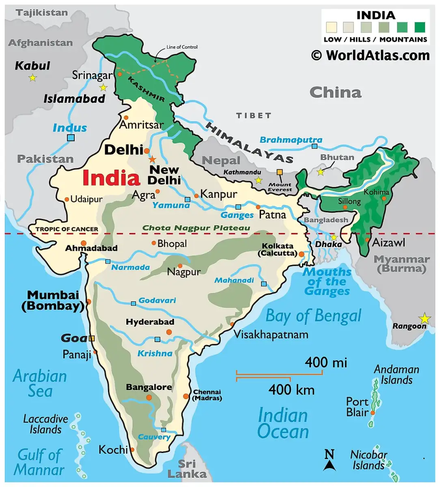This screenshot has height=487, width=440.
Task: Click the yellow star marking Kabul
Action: click(32, 78)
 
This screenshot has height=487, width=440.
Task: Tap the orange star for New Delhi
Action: click(152, 159)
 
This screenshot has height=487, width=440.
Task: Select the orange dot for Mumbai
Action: click(88, 302)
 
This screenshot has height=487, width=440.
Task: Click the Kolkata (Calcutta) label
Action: click(278, 250)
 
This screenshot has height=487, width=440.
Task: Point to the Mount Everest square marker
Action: click(279, 172)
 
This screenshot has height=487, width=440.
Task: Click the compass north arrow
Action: click(330, 461)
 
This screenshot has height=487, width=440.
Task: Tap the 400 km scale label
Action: click(291, 390)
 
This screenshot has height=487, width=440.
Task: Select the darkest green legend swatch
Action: click(420, 27)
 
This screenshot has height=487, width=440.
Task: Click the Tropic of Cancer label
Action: click(67, 229)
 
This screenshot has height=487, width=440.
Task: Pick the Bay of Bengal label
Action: click(313, 316)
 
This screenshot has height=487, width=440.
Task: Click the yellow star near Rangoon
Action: click(425, 318)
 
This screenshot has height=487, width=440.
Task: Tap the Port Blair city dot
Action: click(373, 413)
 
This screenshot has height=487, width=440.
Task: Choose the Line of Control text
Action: click(182, 47)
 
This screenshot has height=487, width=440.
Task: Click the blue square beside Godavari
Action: click(133, 303)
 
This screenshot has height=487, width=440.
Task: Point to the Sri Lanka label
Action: click(187, 469)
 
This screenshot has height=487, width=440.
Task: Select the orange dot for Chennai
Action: click(186, 396)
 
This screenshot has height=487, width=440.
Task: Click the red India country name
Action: click(111, 178)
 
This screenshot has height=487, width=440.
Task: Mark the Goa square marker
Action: click(92, 338)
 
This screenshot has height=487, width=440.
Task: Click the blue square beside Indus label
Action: click(71, 138)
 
